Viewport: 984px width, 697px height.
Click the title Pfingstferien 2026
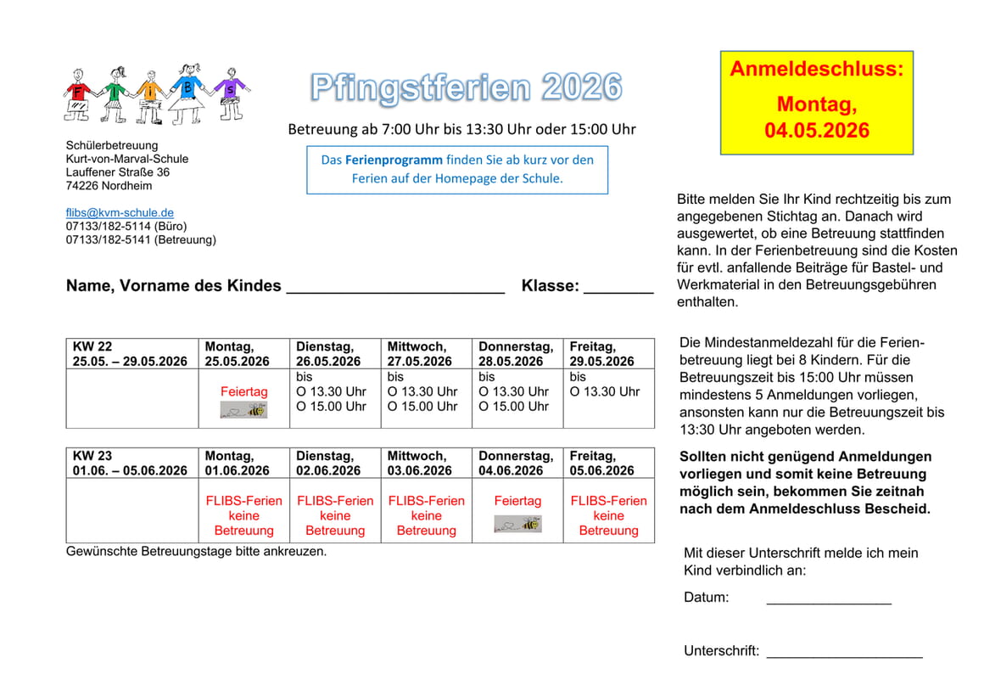pos(466,87)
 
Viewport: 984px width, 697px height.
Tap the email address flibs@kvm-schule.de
pos(120,213)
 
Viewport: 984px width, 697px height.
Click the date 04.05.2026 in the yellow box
pos(816,131)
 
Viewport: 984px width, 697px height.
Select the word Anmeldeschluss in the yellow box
pos(816,70)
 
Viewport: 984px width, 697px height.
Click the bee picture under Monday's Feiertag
pos(243,410)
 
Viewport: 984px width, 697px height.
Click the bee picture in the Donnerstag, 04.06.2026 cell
pos(517,524)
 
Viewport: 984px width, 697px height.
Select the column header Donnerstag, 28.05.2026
pos(516,354)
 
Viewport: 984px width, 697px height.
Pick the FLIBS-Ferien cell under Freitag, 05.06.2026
pos(608,515)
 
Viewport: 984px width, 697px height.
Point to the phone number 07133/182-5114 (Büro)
pos(126,227)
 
